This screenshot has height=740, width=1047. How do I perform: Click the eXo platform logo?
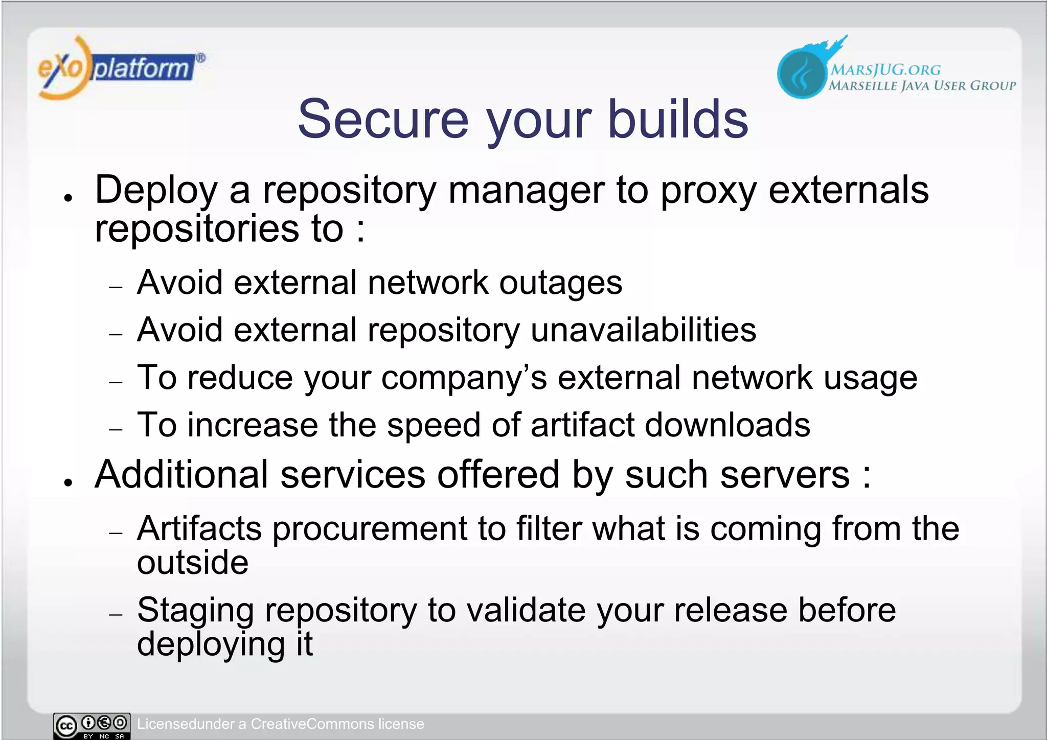121,67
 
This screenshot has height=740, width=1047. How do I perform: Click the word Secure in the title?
383,119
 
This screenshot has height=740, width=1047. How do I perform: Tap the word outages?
560,284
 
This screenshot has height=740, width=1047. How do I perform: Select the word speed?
434,426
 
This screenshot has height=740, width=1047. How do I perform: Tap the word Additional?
181,475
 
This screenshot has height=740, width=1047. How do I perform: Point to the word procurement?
369,529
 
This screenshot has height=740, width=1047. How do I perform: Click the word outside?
193,563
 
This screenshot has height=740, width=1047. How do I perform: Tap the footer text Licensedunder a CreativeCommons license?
280,724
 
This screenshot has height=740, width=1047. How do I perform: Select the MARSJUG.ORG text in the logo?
885,70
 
